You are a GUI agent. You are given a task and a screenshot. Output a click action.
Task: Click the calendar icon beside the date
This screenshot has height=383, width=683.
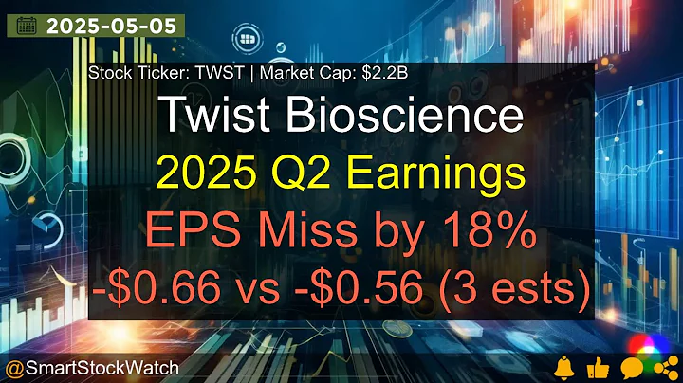pos(28,26)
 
